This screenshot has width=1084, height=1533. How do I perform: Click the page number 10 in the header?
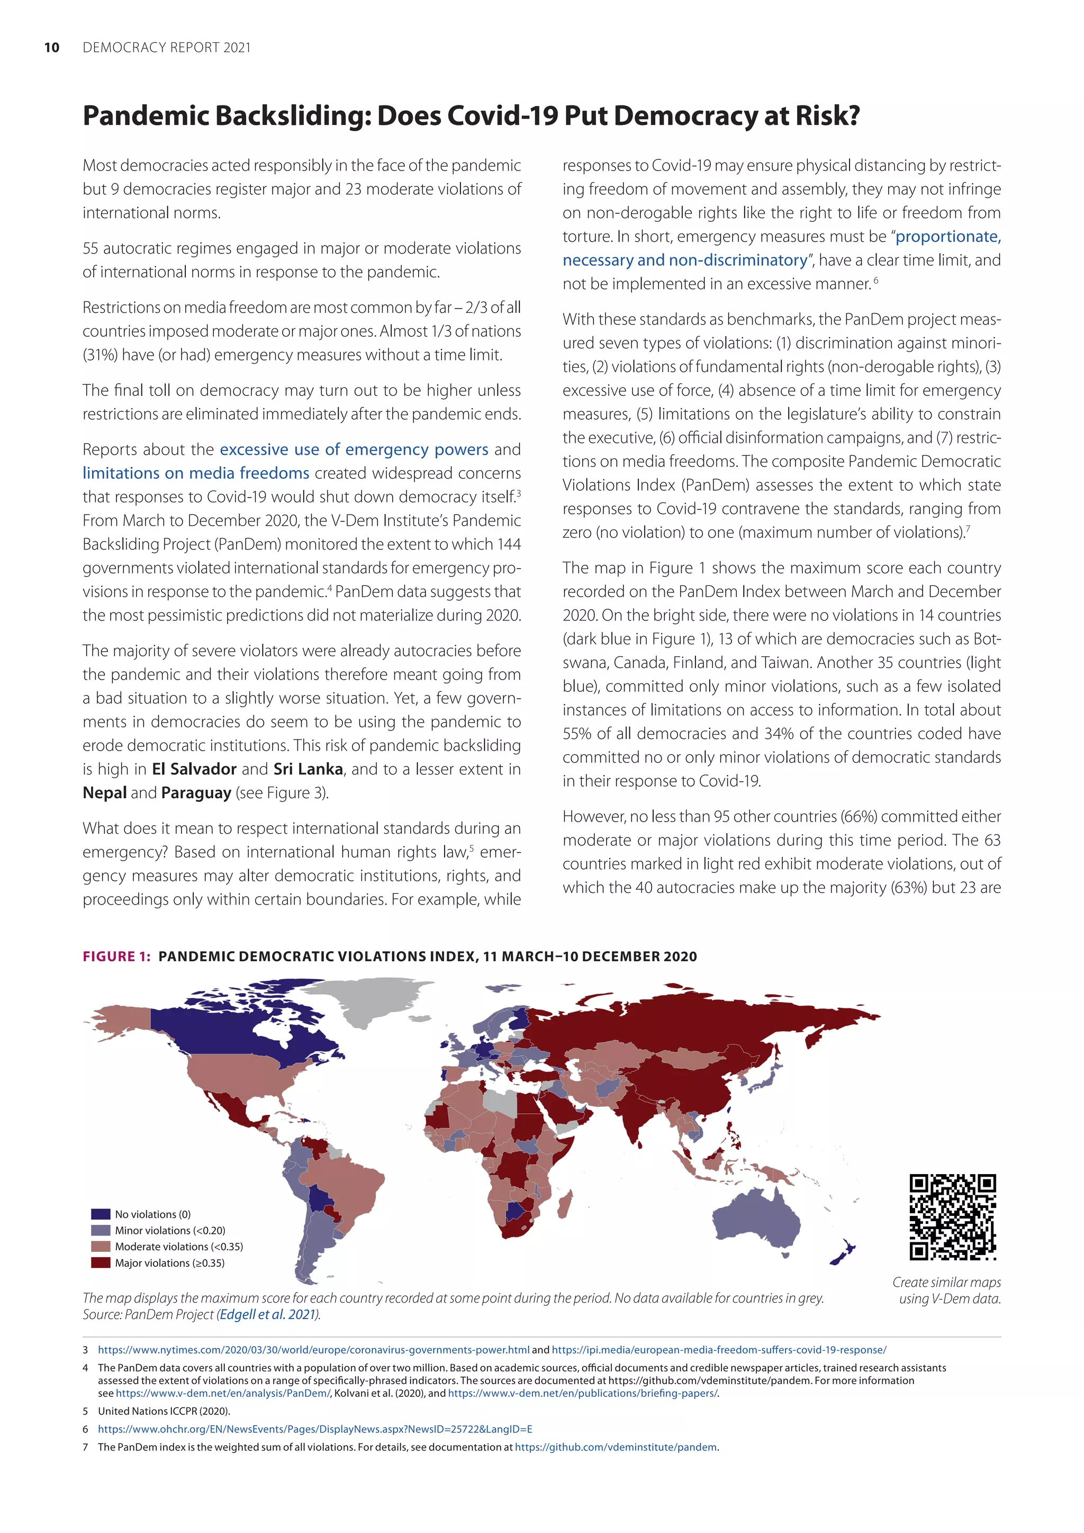coord(51,48)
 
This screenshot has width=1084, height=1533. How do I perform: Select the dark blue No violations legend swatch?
coord(101,1214)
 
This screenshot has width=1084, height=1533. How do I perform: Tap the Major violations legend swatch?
coord(101,1263)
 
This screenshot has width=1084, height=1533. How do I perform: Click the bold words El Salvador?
coord(194,769)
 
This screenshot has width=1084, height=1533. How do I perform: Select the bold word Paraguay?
coord(196,793)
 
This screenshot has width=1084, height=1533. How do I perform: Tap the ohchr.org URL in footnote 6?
coord(314,1429)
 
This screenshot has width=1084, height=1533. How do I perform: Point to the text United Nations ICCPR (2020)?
coord(164,1411)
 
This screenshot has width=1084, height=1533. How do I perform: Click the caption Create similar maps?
coord(946,1282)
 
